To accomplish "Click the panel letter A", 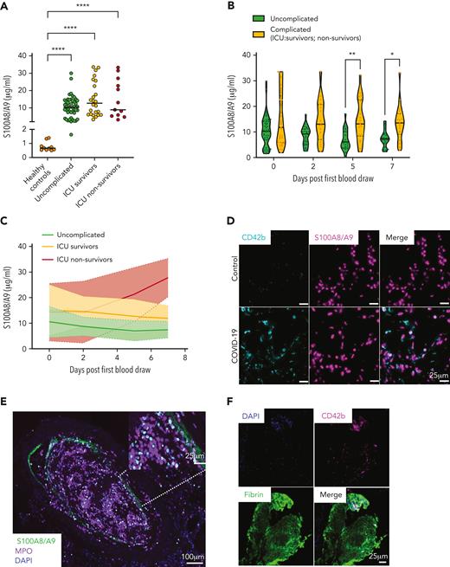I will click(6, 6).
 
